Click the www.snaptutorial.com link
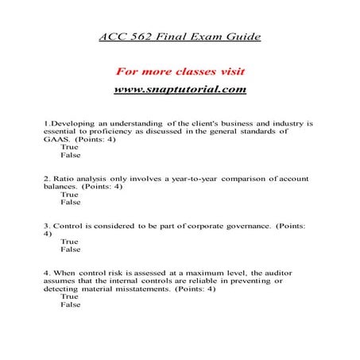180,89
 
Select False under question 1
71,157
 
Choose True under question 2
70,193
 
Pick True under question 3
70,242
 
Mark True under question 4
70,296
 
